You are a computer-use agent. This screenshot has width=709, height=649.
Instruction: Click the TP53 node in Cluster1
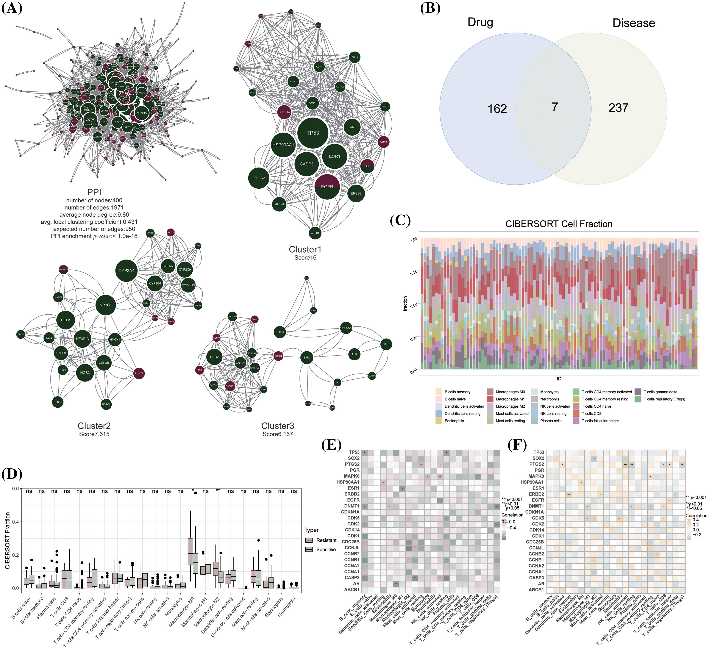[x=313, y=133]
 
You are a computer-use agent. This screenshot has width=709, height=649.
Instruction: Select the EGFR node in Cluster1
[x=327, y=187]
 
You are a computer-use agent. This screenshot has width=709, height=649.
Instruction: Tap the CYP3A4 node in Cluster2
[x=126, y=271]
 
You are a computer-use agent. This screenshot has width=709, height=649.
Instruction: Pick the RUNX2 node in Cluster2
[x=139, y=373]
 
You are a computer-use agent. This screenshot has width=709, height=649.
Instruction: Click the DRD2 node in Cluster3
[x=215, y=357]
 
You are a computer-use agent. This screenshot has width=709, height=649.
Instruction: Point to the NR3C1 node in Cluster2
[x=105, y=305]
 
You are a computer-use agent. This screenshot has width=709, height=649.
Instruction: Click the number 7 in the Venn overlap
[x=555, y=107]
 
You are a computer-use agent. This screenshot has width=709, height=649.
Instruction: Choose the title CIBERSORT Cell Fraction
[x=559, y=224]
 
